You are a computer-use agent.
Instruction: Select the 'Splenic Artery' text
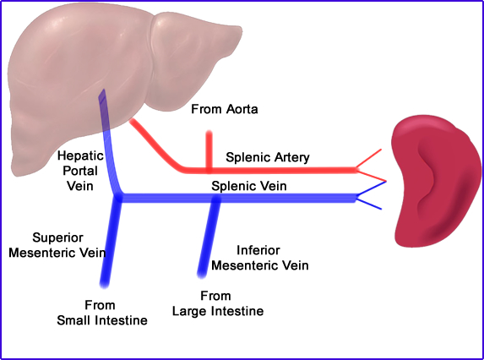(268, 157)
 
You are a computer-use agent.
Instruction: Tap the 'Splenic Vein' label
(251, 186)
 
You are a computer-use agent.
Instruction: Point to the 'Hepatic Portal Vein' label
(80, 171)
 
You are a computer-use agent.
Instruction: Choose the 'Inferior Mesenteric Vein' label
(259, 258)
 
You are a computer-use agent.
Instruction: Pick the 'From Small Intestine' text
(101, 312)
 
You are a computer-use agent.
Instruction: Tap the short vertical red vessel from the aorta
(208, 150)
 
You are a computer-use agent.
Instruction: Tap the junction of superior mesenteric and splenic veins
(120, 199)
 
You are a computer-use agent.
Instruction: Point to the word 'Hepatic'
(80, 156)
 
